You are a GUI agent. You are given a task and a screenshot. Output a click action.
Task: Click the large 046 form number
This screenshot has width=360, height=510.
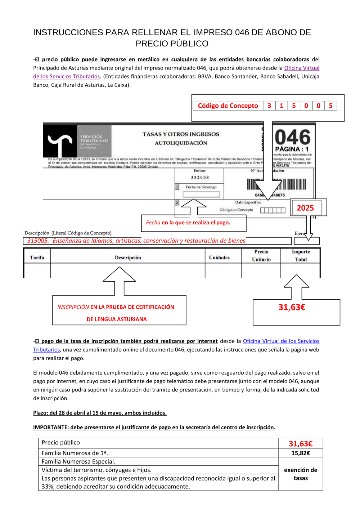[x=293, y=137]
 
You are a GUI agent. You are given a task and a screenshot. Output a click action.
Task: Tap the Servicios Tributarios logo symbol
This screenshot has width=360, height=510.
[x=60, y=142]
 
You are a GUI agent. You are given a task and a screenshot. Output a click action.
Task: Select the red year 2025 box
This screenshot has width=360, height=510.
[x=305, y=208]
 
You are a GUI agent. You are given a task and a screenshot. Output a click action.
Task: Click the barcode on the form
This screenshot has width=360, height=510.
[x=276, y=184]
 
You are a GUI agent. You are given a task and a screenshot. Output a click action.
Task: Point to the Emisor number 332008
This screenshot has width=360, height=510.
[x=200, y=178]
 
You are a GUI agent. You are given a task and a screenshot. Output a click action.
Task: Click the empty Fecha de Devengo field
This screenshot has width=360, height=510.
[x=201, y=194]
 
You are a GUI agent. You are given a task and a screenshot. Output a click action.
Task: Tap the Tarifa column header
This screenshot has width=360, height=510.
[x=37, y=258]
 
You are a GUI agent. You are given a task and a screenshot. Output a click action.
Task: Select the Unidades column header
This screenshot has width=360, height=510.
[x=219, y=258]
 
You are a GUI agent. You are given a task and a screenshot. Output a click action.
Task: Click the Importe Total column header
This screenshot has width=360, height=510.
[x=301, y=255]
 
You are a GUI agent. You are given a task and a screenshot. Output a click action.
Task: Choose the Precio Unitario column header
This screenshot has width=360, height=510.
[x=261, y=255]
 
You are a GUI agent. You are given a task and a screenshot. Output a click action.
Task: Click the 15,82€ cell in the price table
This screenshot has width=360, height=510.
[x=301, y=453]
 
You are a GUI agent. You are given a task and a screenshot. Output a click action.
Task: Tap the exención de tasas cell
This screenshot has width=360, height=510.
[x=301, y=474]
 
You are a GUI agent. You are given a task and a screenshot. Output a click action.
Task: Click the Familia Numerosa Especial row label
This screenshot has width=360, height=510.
[x=78, y=461]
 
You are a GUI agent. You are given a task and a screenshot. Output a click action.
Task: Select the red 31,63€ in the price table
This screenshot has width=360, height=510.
[x=301, y=444]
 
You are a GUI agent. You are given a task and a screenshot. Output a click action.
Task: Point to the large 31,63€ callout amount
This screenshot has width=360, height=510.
[x=292, y=307]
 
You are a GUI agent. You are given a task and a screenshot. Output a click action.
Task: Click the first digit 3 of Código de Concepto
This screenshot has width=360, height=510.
[x=269, y=106]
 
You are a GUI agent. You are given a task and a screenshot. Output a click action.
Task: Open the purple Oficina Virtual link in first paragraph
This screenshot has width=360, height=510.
[x=302, y=68]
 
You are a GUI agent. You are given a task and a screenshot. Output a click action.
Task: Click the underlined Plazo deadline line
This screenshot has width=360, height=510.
[x=100, y=413]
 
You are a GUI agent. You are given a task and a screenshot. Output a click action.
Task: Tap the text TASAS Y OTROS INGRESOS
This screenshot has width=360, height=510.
[x=181, y=134]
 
